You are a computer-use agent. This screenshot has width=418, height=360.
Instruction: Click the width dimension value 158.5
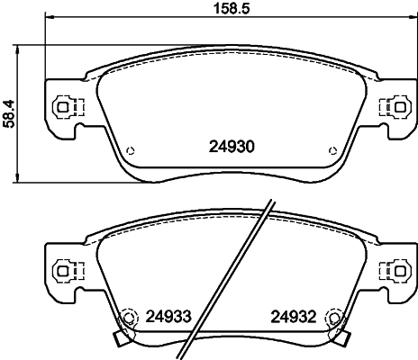pyautogui.click(x=232, y=8)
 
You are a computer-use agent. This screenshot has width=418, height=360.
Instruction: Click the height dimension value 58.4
pyautogui.click(x=9, y=114)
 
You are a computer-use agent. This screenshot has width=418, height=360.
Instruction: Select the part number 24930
pyautogui.click(x=232, y=147)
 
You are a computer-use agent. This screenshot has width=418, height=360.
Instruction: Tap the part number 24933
pyautogui.click(x=168, y=317)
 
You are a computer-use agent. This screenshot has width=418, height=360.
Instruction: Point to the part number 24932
pyautogui.click(x=294, y=317)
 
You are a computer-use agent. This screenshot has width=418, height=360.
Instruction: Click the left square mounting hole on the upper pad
pyautogui.click(x=62, y=107)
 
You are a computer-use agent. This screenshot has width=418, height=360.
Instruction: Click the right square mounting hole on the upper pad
pyautogui.click(x=399, y=107)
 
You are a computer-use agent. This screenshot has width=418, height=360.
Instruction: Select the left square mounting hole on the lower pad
pyautogui.click(x=62, y=271)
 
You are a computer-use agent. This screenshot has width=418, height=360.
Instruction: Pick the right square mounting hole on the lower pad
pyautogui.click(x=399, y=271)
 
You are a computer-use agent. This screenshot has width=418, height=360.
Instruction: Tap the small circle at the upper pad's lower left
pyautogui.click(x=131, y=150)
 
